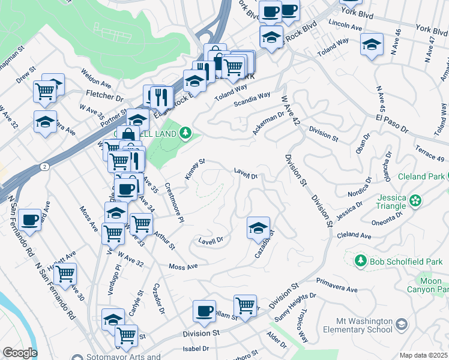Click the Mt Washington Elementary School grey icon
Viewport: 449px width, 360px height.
pyautogui.click(x=402, y=325)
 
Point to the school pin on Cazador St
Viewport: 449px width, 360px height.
pyautogui.click(x=258, y=227)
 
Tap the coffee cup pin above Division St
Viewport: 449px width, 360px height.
pyautogui.click(x=204, y=311)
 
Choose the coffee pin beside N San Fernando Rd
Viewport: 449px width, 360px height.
pyautogui.click(x=29, y=220)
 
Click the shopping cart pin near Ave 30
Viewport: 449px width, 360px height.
pyautogui.click(x=65, y=274)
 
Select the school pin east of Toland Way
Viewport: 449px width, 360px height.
pyautogui.click(x=372, y=44)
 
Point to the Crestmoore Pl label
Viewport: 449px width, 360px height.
pyautogui.click(x=173, y=202)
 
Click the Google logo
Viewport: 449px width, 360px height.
pyautogui.click(x=19, y=353)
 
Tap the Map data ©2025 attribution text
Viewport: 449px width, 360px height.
pyautogui.click(x=423, y=355)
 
